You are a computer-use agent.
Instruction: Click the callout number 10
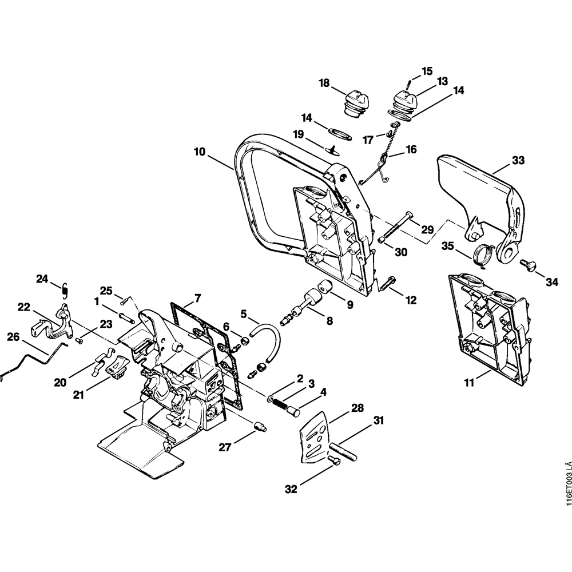point(200,152)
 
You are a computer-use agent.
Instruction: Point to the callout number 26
point(13,338)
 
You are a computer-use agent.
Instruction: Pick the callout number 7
point(197,298)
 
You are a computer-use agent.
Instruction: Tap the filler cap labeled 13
point(403,102)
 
